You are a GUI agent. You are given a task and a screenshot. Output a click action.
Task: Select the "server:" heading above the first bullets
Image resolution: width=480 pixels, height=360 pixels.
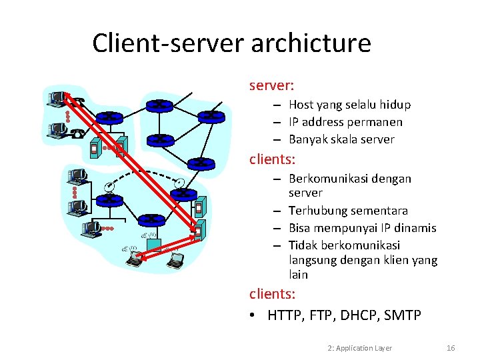click(272, 86)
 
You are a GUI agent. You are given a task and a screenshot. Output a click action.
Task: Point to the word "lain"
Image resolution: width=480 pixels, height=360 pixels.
click(298, 275)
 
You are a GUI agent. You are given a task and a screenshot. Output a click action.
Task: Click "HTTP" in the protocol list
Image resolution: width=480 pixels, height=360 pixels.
click(285, 315)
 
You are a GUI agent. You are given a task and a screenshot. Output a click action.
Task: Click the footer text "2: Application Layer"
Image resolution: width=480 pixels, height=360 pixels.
click(360, 348)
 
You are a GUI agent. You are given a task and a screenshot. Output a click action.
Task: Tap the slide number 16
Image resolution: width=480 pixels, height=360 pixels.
click(451, 348)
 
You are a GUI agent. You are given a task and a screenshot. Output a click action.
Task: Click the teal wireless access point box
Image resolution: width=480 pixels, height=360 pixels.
click(153, 245)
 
